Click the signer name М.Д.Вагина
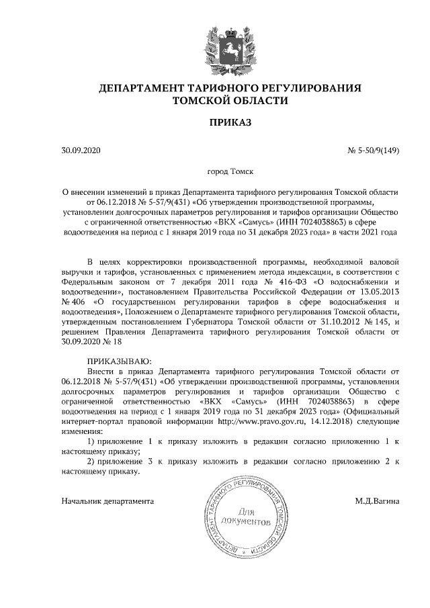point(377,501)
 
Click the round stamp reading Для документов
point(249,517)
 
